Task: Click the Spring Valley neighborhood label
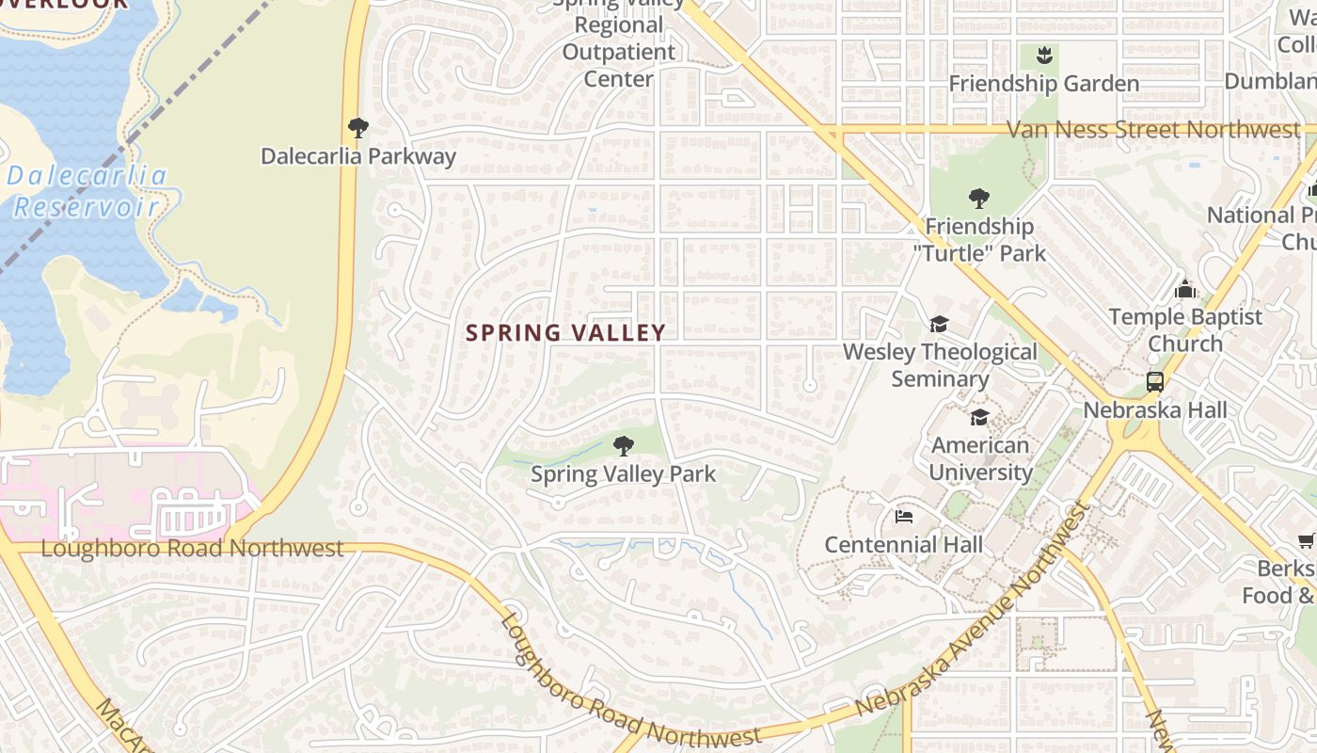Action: click(565, 332)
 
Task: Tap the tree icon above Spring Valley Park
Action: click(623, 445)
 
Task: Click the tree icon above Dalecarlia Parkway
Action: click(357, 128)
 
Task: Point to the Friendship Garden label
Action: click(1043, 84)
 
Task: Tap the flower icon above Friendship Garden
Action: click(1043, 56)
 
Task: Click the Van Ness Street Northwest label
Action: click(1152, 130)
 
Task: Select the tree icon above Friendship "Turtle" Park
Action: click(978, 199)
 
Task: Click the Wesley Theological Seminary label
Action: click(940, 365)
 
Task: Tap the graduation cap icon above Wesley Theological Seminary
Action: click(939, 325)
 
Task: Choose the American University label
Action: click(980, 458)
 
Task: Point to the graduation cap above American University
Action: click(979, 417)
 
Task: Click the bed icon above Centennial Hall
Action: click(904, 517)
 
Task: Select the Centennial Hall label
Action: click(903, 544)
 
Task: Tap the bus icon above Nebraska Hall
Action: click(1155, 382)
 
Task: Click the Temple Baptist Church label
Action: click(1185, 329)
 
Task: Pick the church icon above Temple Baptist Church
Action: click(1184, 288)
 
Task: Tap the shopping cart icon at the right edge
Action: click(1307, 540)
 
